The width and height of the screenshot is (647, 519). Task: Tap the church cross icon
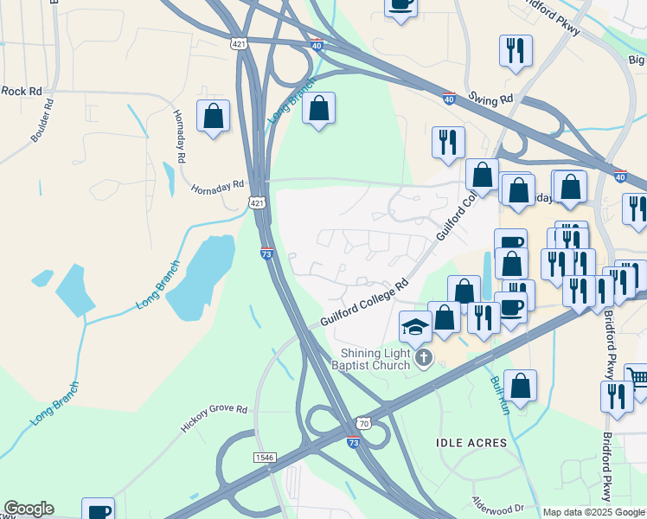click(423, 358)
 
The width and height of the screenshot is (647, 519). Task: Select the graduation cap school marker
click(415, 327)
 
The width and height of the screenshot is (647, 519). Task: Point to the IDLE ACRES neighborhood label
click(471, 443)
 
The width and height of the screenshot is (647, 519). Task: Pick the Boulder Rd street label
click(49, 120)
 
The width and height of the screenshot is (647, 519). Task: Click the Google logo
click(29, 509)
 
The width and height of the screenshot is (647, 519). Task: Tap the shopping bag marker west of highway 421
click(213, 116)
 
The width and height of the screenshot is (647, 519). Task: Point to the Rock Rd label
click(21, 90)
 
